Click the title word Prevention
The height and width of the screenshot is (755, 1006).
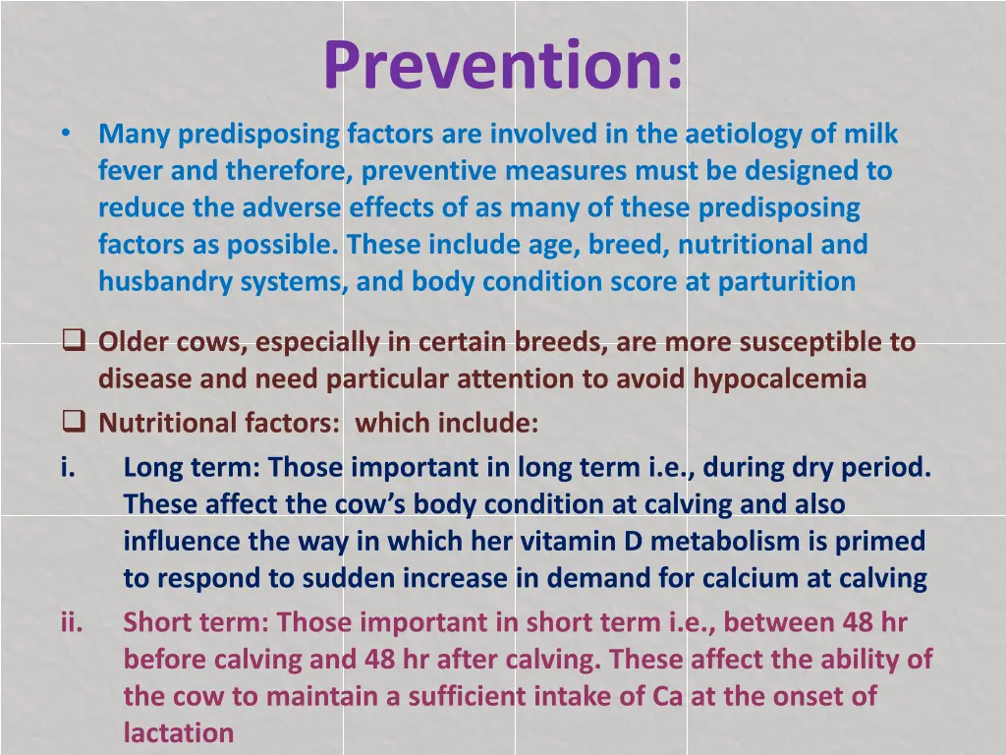point(503,65)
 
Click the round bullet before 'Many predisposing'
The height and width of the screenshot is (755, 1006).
point(65,134)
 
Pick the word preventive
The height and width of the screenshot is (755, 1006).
point(429,171)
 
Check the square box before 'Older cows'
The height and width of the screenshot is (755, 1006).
point(74,342)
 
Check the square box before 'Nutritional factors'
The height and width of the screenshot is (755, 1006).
point(74,423)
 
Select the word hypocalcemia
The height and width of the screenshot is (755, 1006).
point(780,379)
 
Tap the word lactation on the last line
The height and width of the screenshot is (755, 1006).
point(179,733)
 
